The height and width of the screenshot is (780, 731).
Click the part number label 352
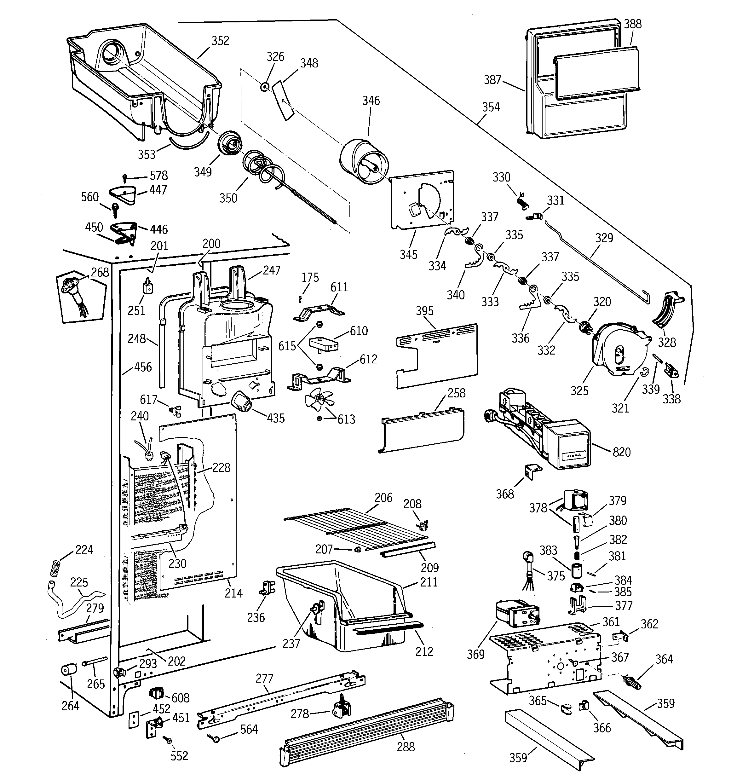click(x=220, y=41)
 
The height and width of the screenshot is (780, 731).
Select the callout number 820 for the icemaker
click(x=622, y=452)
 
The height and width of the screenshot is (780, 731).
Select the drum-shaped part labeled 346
click(x=363, y=162)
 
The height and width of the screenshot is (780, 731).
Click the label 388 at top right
click(x=632, y=24)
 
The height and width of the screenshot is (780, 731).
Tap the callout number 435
click(x=275, y=418)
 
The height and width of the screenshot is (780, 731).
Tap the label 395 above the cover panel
click(x=424, y=311)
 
